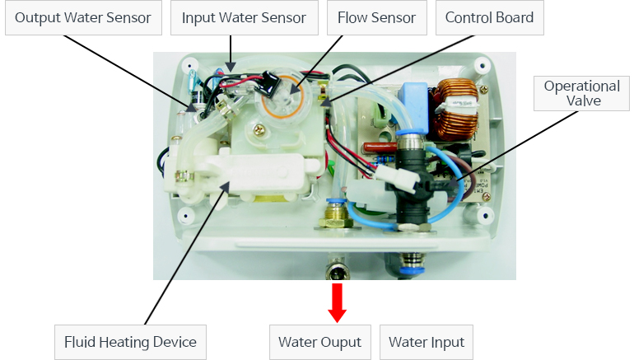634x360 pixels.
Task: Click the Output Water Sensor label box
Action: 83,17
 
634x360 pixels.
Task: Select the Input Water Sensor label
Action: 244,17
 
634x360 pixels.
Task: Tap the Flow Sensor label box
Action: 376,17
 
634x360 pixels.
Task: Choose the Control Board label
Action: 489,17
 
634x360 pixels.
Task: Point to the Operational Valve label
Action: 581,93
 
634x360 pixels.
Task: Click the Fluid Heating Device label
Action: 130,342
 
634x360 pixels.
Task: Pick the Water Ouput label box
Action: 319,342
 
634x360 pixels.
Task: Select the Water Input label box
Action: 426,342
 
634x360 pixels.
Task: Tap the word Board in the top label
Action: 515,17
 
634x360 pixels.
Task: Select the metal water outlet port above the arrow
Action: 336,271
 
